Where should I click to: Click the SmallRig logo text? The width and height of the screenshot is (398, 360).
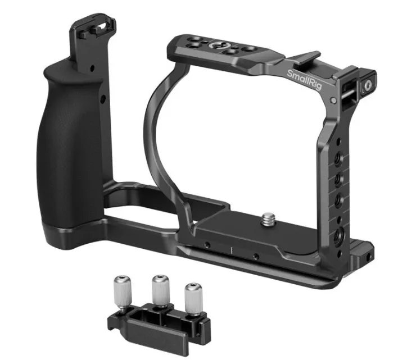[304, 80]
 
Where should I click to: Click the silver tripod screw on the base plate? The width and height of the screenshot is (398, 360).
[268, 219]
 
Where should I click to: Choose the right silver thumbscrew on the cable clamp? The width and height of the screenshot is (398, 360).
[193, 298]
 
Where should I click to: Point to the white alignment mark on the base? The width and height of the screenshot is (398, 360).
[232, 250]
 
